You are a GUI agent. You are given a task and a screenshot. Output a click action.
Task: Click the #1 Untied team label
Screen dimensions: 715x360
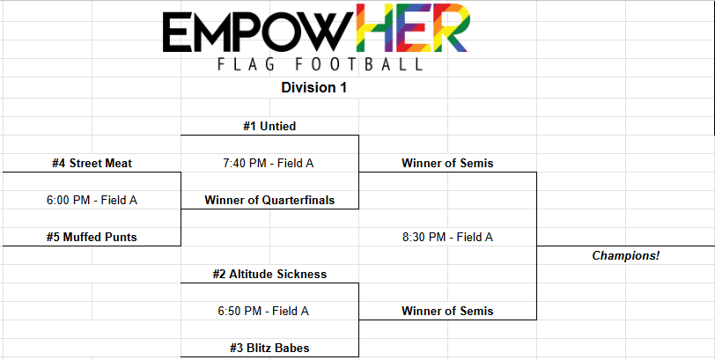269,126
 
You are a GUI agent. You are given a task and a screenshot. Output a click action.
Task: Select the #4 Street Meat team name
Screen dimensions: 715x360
92,163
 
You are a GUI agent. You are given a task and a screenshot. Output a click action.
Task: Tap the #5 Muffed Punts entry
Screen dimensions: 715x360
92,237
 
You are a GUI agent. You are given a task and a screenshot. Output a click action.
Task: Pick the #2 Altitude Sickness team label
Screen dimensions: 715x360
269,274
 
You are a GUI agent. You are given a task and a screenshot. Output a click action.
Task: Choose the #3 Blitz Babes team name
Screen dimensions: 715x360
269,349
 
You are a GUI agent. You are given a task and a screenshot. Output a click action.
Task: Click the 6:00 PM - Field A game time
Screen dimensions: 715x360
92,200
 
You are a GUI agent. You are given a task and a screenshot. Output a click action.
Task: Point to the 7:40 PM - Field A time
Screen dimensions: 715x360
268,163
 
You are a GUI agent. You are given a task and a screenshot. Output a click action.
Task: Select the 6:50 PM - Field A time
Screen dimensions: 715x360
263,311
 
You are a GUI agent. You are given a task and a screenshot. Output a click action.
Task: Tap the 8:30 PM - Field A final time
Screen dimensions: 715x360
447,237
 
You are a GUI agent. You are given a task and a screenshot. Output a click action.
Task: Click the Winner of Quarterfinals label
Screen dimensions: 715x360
269,200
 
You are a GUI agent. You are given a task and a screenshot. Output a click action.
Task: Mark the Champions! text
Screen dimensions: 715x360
625,255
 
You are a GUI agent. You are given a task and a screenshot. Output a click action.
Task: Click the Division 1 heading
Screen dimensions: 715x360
313,87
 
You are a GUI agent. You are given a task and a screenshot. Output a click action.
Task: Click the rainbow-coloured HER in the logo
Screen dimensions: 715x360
413,27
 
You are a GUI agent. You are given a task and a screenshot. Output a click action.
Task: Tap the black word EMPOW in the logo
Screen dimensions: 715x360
258,31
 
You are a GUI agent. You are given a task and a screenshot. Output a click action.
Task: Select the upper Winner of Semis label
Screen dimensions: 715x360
447,163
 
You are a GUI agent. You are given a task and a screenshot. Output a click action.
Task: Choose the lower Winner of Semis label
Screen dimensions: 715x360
447,311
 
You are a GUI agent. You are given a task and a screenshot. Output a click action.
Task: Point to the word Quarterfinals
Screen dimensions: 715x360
299,200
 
